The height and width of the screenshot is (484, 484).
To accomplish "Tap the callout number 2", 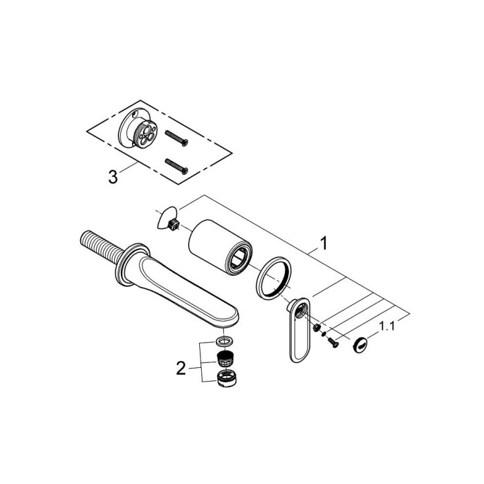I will pos(181,369).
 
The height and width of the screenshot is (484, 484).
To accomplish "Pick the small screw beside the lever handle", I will pos(333,339).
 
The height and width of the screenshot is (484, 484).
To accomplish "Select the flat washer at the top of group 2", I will pos(223,342).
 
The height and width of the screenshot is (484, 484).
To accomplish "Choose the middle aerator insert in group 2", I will pos(223,358).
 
